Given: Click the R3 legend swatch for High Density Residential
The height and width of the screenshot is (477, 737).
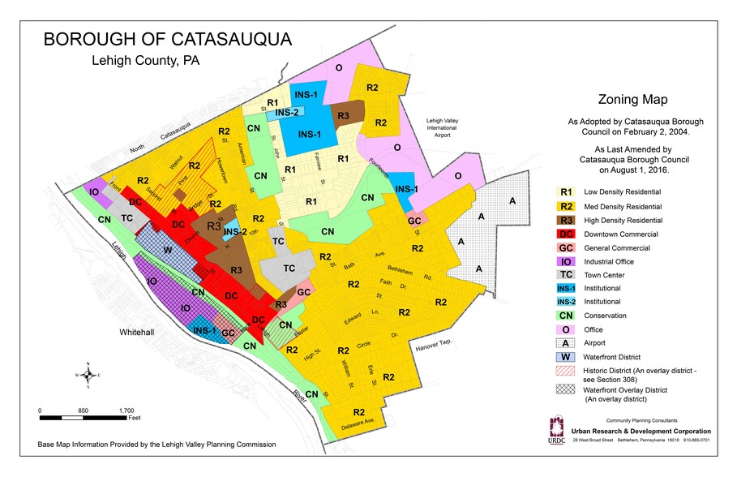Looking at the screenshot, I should tap(568, 221).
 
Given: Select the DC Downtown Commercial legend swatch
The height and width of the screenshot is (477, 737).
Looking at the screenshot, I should tap(568, 234).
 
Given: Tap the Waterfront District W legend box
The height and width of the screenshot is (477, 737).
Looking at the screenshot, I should tap(568, 356).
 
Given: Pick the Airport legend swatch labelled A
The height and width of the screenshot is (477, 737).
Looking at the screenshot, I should tap(568, 342).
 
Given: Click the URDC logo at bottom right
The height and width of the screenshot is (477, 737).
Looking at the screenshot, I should tap(556, 431).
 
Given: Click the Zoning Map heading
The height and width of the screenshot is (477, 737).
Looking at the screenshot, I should tap(632, 101).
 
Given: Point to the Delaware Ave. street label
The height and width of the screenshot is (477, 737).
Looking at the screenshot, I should tap(362, 423).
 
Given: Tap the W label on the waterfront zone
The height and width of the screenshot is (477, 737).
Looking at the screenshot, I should tap(167, 250).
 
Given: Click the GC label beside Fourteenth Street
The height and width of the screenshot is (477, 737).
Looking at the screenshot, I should tap(413, 221).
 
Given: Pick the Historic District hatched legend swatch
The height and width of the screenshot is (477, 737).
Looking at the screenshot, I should tap(568, 371).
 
